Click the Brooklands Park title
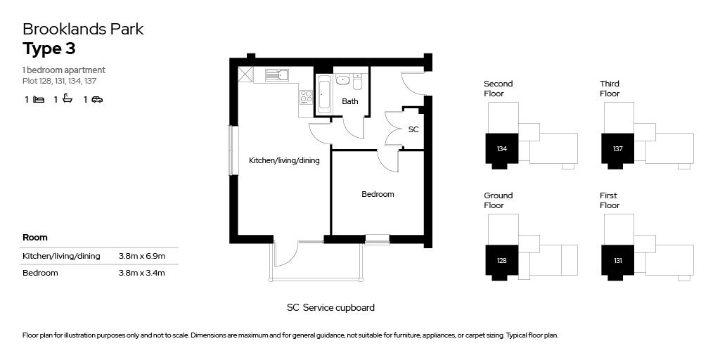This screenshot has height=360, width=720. (83, 30)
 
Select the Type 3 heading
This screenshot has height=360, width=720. (49, 49)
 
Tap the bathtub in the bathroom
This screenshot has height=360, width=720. (324, 94)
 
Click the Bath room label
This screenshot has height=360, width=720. (349, 101)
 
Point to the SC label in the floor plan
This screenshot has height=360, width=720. (413, 129)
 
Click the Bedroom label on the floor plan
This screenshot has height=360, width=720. (378, 194)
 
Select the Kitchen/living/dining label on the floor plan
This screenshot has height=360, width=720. (284, 160)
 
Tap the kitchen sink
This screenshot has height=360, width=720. (277, 75)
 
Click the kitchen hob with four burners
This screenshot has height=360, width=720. (306, 97)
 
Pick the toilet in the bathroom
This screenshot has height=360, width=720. (356, 84)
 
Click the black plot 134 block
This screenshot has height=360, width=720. (502, 149)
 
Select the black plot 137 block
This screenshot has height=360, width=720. (617, 149)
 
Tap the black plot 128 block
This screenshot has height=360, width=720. (502, 261)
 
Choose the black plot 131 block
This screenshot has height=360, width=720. (617, 261)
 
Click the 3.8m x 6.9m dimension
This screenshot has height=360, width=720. (142, 256)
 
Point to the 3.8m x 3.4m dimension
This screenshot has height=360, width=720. (142, 273)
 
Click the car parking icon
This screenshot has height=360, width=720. (97, 100)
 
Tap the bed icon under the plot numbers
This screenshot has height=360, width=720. (39, 100)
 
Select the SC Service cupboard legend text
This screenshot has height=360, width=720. (330, 307)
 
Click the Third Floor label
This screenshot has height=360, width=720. (610, 89)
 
